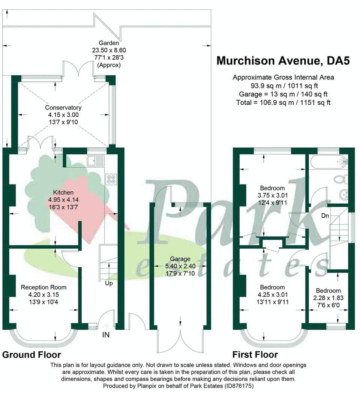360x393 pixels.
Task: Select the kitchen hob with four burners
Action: point(111,179)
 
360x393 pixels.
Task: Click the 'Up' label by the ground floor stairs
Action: point(109,283)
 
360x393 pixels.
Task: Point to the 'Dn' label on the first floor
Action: point(325,216)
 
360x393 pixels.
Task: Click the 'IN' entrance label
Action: point(106,334)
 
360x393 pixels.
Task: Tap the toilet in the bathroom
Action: point(341,180)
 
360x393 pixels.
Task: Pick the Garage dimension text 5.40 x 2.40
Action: point(180,266)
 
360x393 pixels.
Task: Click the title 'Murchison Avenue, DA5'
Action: point(283,61)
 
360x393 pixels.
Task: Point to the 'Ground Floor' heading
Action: point(31,355)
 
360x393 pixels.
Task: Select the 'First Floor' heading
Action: point(255,355)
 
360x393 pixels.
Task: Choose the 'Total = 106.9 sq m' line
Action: point(283,102)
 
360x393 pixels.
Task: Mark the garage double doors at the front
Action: point(180,340)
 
